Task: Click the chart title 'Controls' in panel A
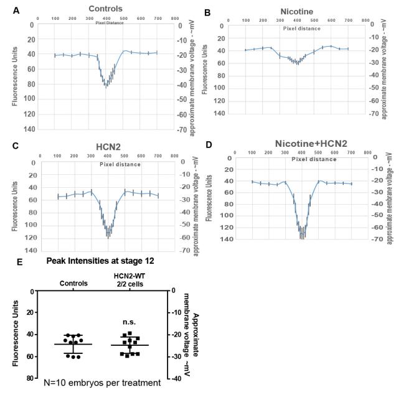pyautogui.click(x=105, y=9)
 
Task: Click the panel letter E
pyautogui.click(x=20, y=262)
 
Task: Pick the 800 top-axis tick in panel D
pyautogui.click(x=368, y=151)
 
